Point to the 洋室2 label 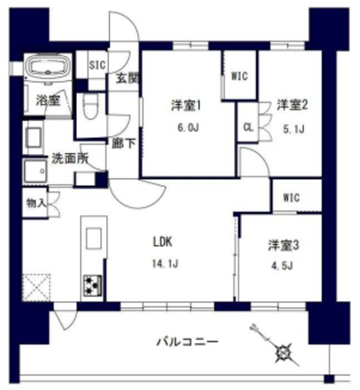(293, 105)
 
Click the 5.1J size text (293, 129)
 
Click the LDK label (163, 242)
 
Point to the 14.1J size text (164, 264)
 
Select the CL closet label (247, 127)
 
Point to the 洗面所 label (70, 158)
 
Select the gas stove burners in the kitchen (93, 285)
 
